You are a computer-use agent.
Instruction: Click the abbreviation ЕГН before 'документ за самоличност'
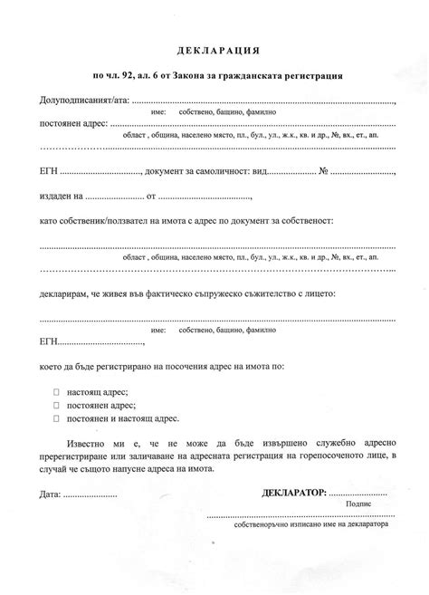(x=50, y=171)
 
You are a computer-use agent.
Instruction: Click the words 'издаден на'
(x=62, y=196)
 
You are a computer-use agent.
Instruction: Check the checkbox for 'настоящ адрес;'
(x=56, y=392)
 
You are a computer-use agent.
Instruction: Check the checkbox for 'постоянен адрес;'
(x=56, y=405)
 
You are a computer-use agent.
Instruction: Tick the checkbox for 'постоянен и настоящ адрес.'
(x=56, y=418)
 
